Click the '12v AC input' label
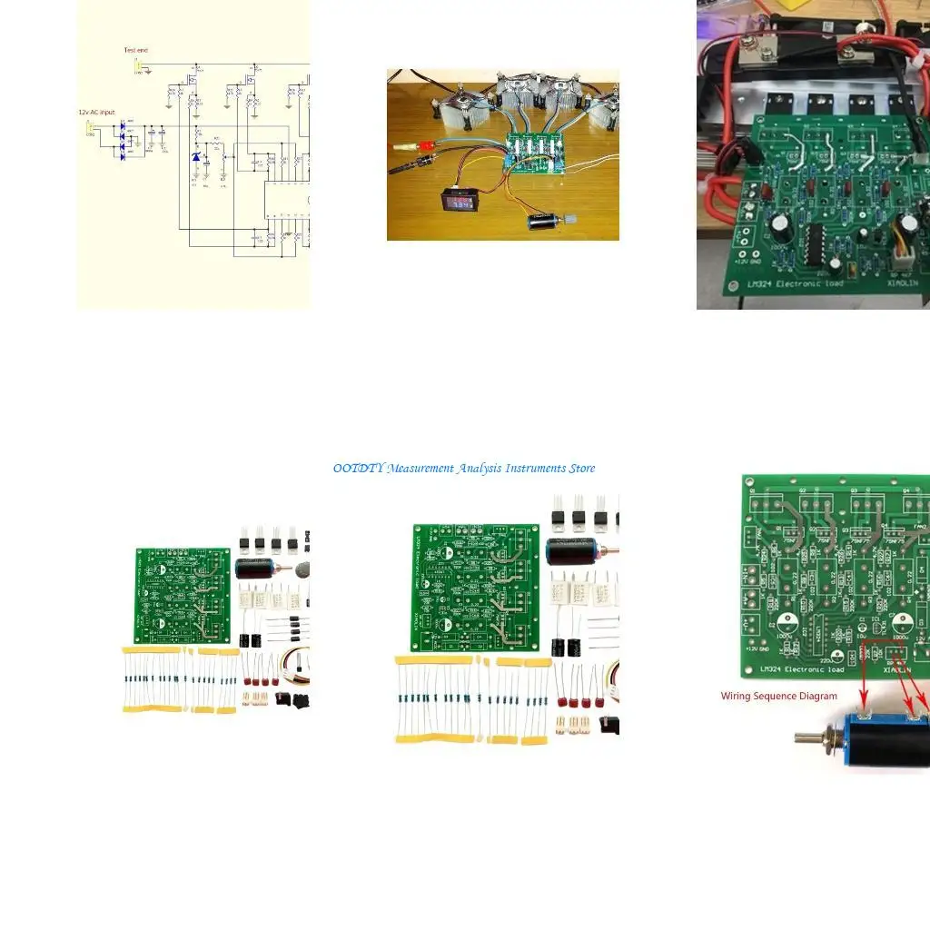point(96,112)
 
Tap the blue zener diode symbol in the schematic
point(195,158)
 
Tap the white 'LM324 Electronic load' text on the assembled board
point(796,283)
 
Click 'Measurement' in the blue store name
point(421,469)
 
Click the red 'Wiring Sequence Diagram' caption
point(779,697)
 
